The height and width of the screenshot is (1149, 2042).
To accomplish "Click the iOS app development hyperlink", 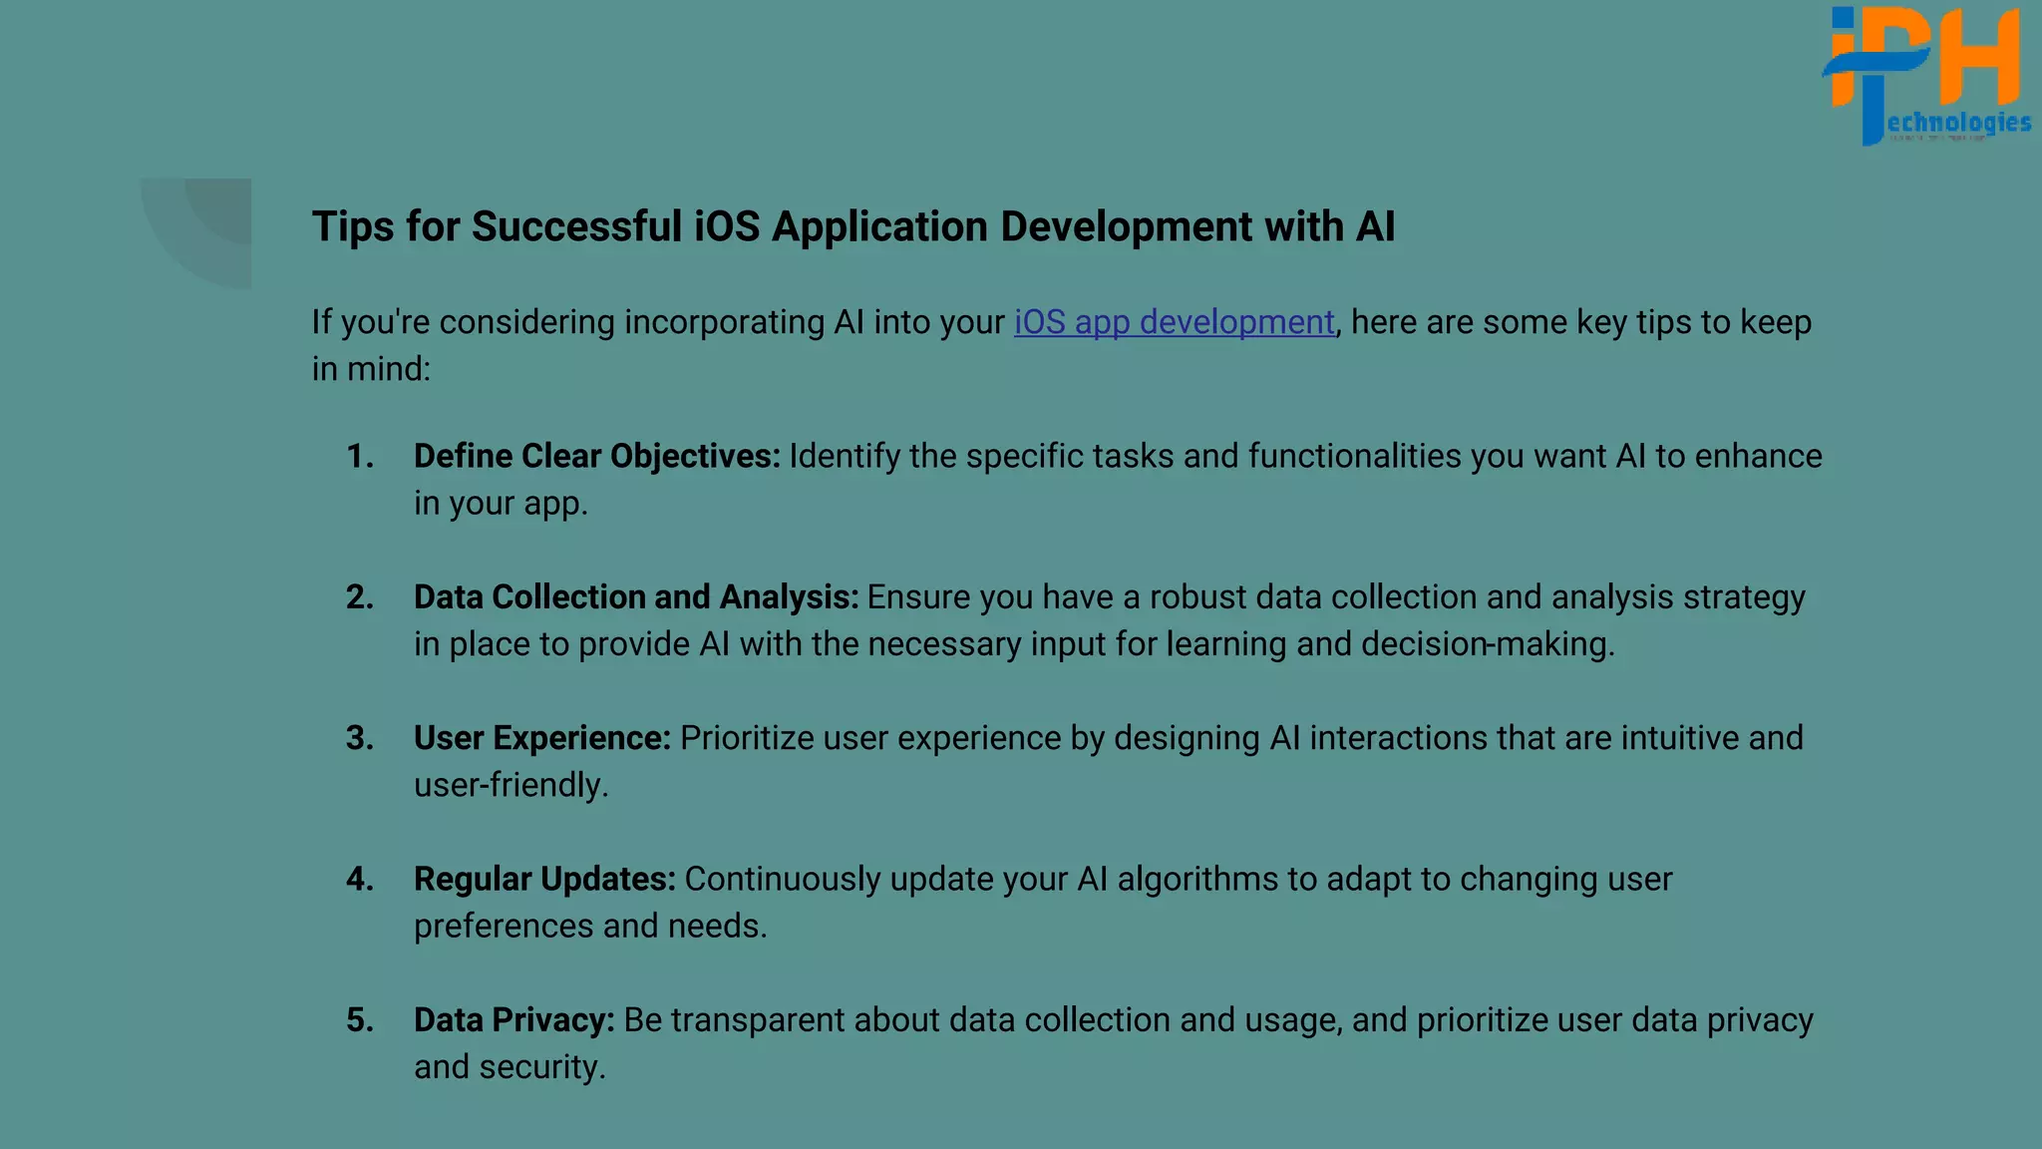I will click(x=1174, y=322).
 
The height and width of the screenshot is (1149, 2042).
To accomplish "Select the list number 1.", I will click(x=359, y=457).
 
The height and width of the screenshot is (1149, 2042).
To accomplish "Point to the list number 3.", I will click(x=359, y=738).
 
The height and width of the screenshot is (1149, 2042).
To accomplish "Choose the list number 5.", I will click(x=359, y=1020).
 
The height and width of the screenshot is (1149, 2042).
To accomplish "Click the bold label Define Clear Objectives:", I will click(x=596, y=457).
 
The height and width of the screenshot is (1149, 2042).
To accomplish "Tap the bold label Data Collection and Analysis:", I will click(x=635, y=597).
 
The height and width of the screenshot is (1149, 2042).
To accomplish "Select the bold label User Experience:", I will click(x=542, y=738).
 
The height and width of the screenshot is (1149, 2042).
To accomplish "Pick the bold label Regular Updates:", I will click(x=544, y=880).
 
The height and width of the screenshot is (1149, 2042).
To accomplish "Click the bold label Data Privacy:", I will click(x=514, y=1020).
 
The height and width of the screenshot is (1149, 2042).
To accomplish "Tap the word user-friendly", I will click(x=510, y=785).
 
